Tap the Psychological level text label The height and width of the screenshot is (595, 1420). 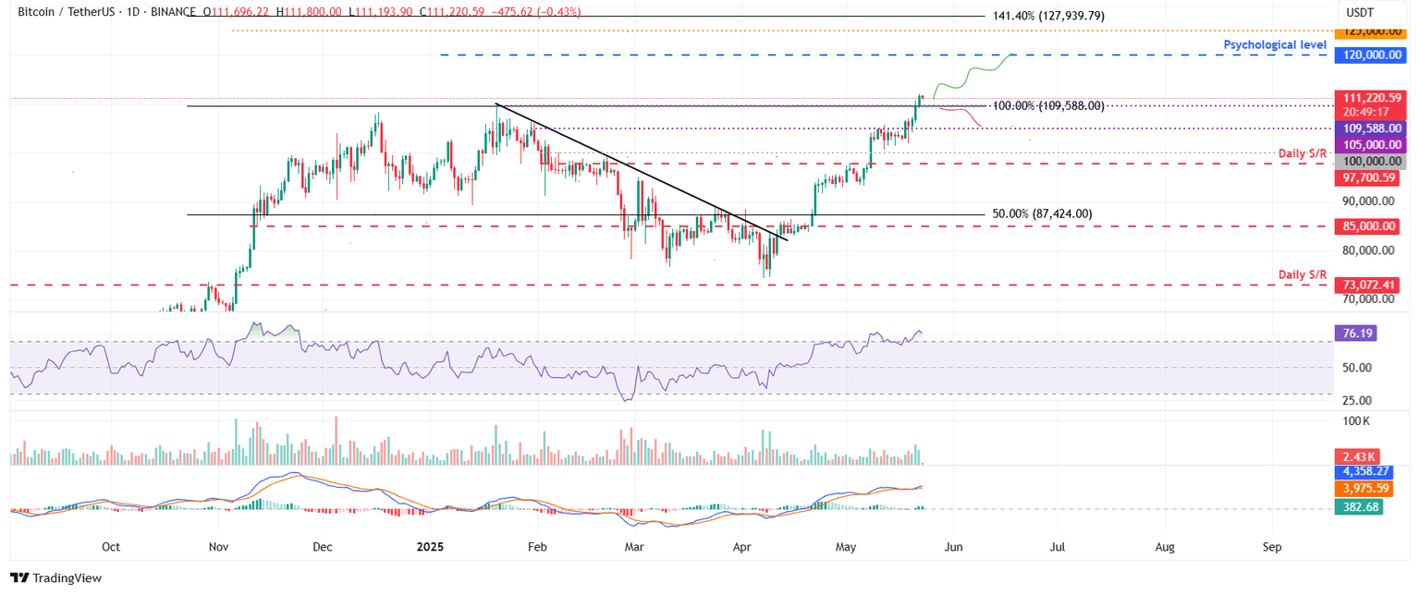pyautogui.click(x=1275, y=44)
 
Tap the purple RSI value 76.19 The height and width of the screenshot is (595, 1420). pyautogui.click(x=1356, y=334)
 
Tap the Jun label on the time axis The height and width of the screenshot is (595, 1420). pyautogui.click(x=953, y=546)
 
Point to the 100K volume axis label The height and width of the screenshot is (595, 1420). pyautogui.click(x=1356, y=421)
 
